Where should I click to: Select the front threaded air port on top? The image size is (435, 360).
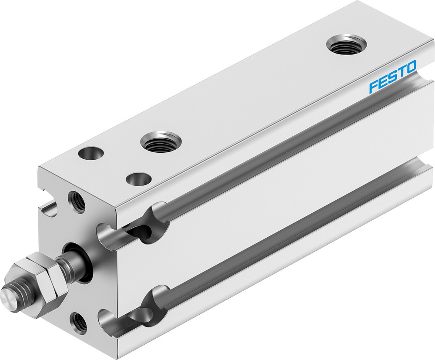coord(161,141)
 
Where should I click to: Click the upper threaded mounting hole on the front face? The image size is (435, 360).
coord(77,202)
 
